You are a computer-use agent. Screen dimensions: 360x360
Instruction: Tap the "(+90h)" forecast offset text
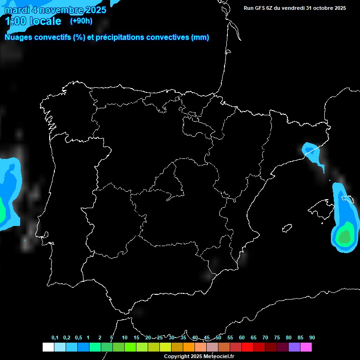(81, 21)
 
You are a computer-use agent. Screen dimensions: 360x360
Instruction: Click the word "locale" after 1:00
(45, 21)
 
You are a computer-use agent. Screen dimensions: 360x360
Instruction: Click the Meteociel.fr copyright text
(199, 357)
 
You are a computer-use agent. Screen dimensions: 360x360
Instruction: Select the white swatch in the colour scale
(48, 347)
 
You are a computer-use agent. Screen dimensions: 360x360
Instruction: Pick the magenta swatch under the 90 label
(306, 347)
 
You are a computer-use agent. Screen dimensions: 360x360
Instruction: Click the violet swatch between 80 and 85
(294, 347)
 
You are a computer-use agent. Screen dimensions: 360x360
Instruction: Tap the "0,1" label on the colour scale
(55, 338)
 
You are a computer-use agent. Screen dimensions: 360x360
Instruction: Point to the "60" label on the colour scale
(242, 338)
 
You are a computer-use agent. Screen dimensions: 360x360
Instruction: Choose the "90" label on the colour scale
(312, 338)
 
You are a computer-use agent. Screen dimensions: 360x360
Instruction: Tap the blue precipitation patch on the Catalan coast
(310, 150)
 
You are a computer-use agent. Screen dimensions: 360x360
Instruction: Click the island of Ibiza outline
(287, 228)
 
